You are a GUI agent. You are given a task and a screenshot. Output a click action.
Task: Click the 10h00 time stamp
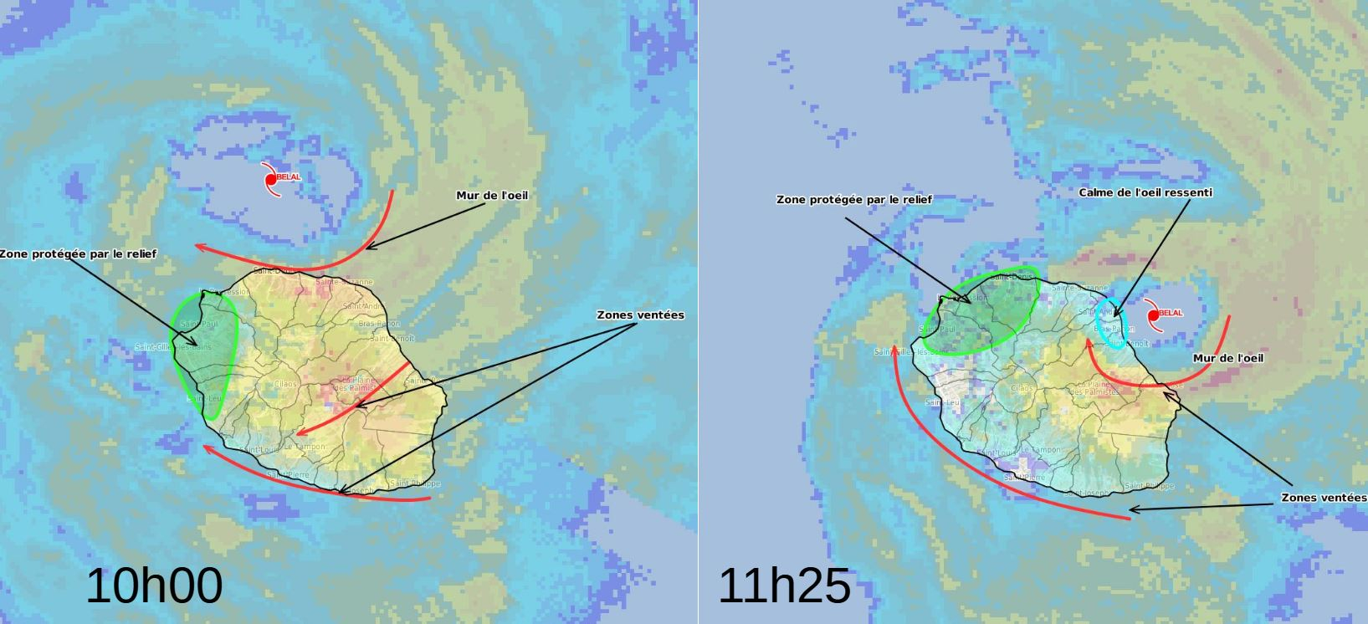154,586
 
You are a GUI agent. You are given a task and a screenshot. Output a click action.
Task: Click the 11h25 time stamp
784,586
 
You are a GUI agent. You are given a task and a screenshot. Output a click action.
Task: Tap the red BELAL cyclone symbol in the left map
270,179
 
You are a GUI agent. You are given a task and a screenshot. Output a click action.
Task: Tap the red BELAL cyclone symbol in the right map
1153,315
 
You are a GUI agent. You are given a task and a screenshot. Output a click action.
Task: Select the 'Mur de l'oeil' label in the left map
492,196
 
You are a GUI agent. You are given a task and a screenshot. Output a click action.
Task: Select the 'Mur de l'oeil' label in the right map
1227,358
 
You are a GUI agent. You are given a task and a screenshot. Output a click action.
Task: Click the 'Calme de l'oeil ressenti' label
1145,192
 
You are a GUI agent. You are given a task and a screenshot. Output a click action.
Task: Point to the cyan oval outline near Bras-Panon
1112,322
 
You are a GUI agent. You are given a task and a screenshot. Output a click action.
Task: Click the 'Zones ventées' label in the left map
640,315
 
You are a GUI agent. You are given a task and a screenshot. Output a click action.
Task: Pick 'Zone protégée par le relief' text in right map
853,200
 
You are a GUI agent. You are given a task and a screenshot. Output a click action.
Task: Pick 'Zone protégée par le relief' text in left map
78,253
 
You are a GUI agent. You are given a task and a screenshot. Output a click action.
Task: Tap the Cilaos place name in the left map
286,385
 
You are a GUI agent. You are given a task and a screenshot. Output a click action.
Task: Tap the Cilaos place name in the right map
1022,388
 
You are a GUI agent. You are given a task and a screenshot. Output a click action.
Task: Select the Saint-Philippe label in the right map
1149,486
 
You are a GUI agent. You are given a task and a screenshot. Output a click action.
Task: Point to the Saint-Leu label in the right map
942,402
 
